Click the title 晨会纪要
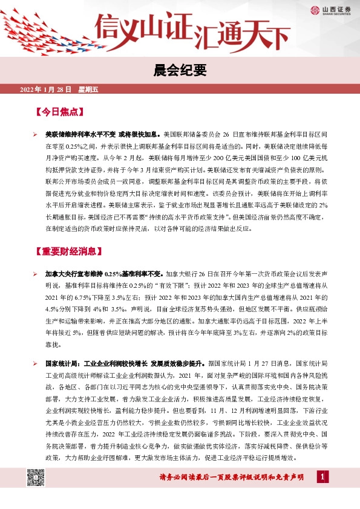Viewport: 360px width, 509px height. (180, 71)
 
